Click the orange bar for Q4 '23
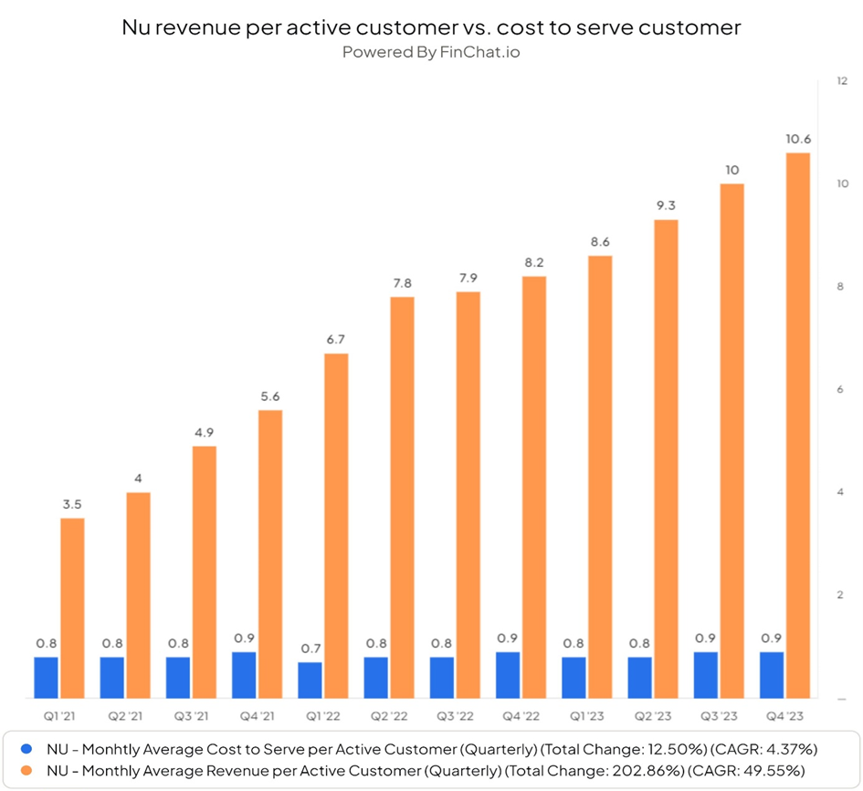click(798, 426)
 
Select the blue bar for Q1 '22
click(310, 680)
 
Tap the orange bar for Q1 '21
click(72, 608)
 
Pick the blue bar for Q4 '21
click(244, 675)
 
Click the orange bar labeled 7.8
click(403, 498)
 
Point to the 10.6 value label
click(798, 139)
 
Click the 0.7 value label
click(310, 649)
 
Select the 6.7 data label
click(336, 339)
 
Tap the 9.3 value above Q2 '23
click(666, 206)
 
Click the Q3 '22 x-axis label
click(455, 716)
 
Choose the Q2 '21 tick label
click(125, 716)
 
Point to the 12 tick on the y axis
click(842, 81)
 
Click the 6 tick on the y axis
click(840, 389)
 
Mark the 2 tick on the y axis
click(840, 595)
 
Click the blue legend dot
click(26, 749)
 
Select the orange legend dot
click(26, 770)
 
